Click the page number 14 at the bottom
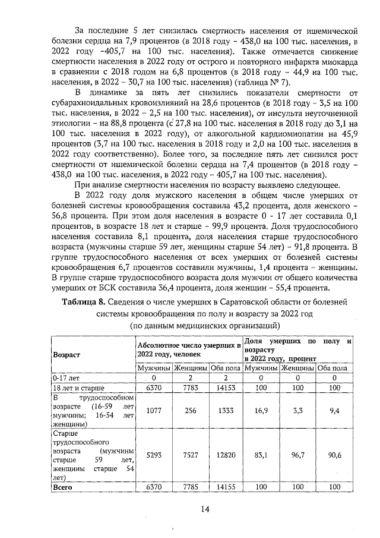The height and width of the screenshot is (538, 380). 205,508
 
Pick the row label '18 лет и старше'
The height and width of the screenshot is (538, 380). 75,388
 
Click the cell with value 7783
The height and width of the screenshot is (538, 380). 190,388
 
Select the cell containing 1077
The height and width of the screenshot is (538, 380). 154,410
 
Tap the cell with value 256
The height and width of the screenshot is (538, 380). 190,410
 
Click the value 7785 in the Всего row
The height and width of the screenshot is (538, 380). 190,486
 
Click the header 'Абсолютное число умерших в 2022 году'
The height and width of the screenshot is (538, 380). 188,350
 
